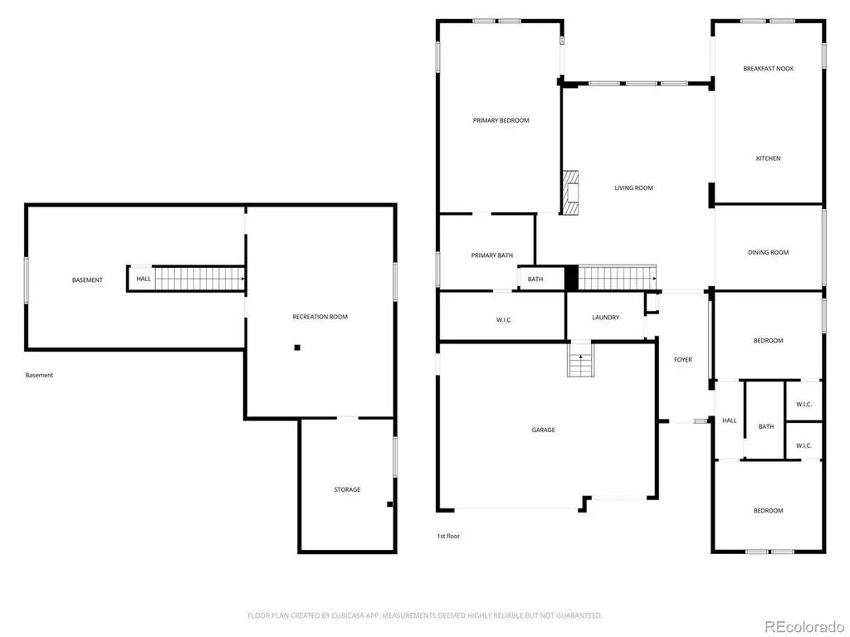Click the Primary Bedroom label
pyautogui.click(x=501, y=120)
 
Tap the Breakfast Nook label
pyautogui.click(x=768, y=69)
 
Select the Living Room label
pyautogui.click(x=633, y=188)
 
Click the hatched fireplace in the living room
pyautogui.click(x=570, y=192)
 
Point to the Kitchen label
pyautogui.click(x=768, y=158)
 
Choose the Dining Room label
pyautogui.click(x=768, y=252)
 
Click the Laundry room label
pyautogui.click(x=605, y=318)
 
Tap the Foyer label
pyautogui.click(x=683, y=360)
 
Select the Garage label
pyautogui.click(x=543, y=430)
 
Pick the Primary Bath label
pyautogui.click(x=491, y=255)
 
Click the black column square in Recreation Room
pyautogui.click(x=297, y=348)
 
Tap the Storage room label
pyautogui.click(x=347, y=489)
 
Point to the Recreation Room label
pyautogui.click(x=320, y=317)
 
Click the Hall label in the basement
pyautogui.click(x=144, y=279)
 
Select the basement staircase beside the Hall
pyautogui.click(x=199, y=279)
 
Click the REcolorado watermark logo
pyautogui.click(x=804, y=627)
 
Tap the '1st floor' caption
pyautogui.click(x=448, y=537)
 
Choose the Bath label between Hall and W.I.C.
pyautogui.click(x=766, y=427)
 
